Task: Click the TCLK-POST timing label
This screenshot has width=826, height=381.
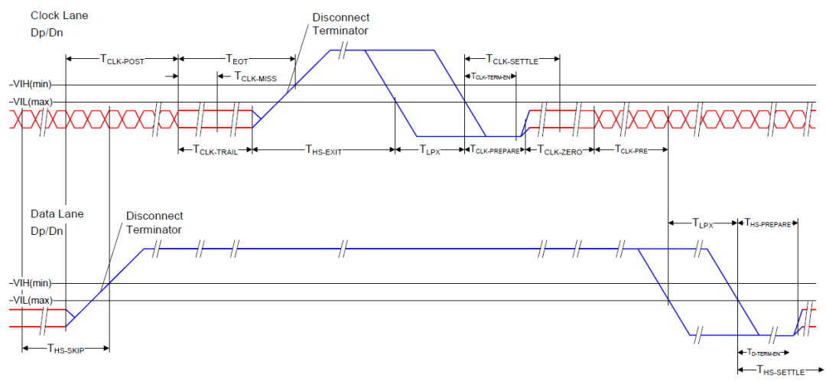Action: point(122,59)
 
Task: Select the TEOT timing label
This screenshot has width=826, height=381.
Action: point(236,59)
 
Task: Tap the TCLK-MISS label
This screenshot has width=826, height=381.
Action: point(255,77)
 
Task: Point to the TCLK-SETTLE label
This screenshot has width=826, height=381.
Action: point(512,60)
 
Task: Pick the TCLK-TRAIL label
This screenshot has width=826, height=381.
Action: point(215,151)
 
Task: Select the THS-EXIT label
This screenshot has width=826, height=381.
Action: point(324,151)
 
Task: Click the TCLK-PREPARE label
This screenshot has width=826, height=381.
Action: point(495,151)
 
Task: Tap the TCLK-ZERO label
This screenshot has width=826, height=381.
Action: point(559,151)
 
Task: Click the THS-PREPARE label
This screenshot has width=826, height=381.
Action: point(768,223)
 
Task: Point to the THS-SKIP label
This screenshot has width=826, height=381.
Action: point(66,348)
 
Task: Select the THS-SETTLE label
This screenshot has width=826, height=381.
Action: point(781,370)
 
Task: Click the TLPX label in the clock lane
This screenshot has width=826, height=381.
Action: point(429,151)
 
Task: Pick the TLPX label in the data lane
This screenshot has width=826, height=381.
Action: point(702,223)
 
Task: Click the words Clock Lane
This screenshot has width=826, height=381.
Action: point(60,15)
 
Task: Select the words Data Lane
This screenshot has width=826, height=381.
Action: point(57,214)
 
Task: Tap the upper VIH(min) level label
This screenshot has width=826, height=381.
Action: point(33,84)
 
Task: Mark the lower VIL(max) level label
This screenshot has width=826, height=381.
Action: point(33,301)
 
